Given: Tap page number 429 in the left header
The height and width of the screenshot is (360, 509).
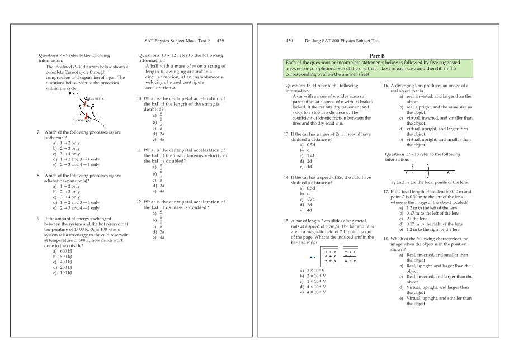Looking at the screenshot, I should point(220,41).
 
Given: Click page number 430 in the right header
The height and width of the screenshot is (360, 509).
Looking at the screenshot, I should point(289,41).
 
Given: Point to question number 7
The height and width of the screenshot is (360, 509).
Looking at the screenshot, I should point(37,132).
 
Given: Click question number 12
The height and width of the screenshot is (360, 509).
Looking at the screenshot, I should point(139,202).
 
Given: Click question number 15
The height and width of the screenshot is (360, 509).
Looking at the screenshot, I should point(287,221).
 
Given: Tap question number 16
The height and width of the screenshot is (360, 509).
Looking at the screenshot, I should point(386,86).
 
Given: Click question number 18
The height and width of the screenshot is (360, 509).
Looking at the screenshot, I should point(386,239).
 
